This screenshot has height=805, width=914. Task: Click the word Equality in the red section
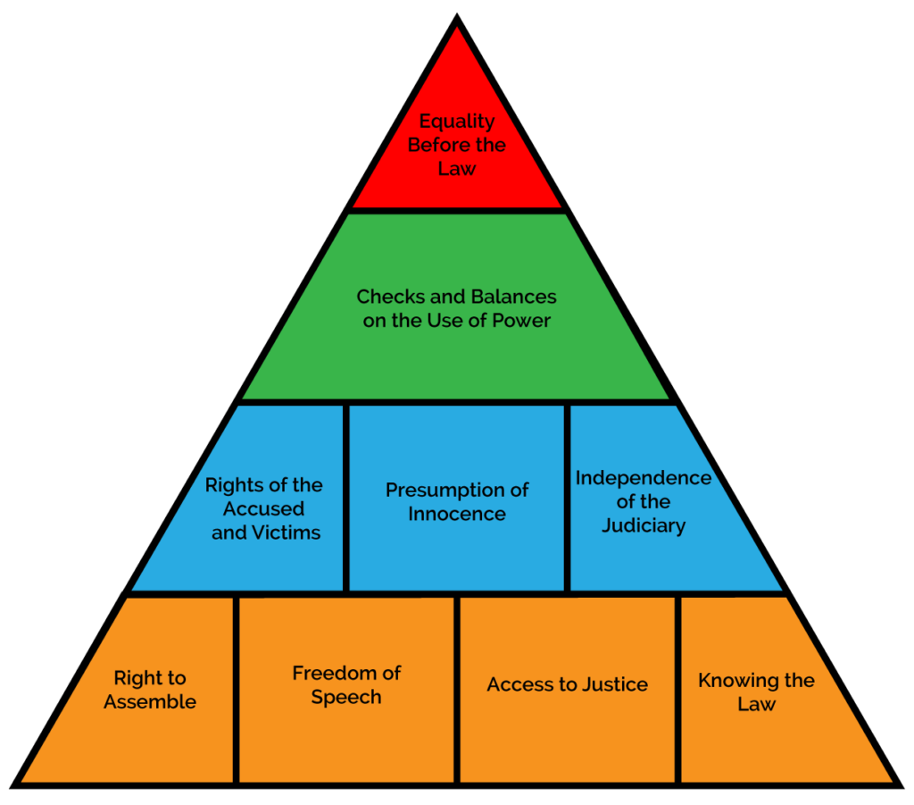coord(457,122)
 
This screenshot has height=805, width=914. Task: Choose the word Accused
coord(263,509)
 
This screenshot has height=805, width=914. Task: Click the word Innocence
coord(457,514)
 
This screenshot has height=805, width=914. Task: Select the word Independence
coord(643,478)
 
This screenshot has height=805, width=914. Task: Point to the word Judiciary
coord(643,525)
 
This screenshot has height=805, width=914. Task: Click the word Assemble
coord(150,701)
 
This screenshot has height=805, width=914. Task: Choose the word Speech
coord(346,697)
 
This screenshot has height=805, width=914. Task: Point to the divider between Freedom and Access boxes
coord(457,688)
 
